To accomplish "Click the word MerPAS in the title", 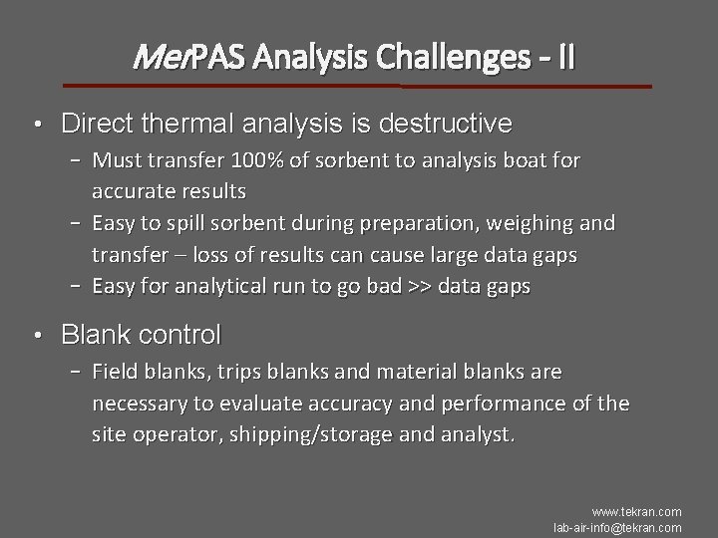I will click(189, 59).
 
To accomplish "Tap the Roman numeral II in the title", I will click(565, 59).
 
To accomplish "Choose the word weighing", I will click(527, 224).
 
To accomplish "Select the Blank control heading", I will click(141, 335).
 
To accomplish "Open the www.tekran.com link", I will click(635, 512).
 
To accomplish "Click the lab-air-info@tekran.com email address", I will click(617, 527).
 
